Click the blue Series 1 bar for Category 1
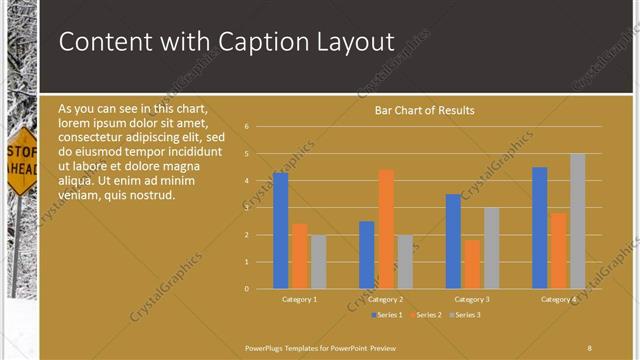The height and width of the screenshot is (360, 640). (280, 231)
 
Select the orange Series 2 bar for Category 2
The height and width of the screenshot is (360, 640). (386, 229)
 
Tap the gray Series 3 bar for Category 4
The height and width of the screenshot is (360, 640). (578, 221)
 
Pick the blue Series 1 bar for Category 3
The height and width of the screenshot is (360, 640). (453, 241)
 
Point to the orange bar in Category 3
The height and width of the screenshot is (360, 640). (472, 264)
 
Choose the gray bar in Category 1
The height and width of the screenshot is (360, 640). (318, 262)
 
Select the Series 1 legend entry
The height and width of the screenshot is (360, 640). (386, 315)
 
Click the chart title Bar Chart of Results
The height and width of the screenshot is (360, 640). (424, 110)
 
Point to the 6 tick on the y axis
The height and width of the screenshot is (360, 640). (246, 127)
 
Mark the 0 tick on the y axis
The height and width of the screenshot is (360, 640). (246, 289)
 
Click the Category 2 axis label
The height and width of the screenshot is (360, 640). (386, 299)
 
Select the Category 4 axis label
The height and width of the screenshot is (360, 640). (558, 299)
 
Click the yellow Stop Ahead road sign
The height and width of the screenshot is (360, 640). (21, 160)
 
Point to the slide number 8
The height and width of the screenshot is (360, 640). (589, 347)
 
